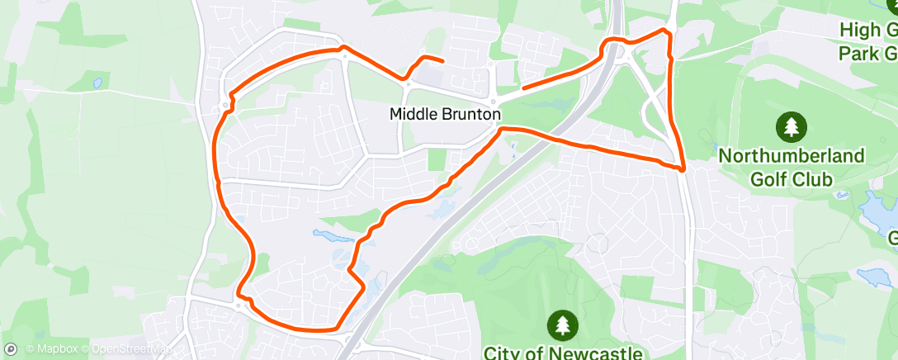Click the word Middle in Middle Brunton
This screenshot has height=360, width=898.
tap(411, 114)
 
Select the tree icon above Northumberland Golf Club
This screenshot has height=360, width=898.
tap(792, 127)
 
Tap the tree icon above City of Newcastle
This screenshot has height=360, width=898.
tap(563, 323)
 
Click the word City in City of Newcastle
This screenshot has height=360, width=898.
tap(502, 353)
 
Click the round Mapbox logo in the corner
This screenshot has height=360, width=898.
tap(11, 349)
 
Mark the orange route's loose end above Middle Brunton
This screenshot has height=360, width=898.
tap(443, 61)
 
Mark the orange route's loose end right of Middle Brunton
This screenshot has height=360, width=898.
tap(523, 88)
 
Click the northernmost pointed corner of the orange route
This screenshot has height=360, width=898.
tap(664, 30)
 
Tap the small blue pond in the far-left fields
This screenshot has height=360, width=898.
tap(98, 83)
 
